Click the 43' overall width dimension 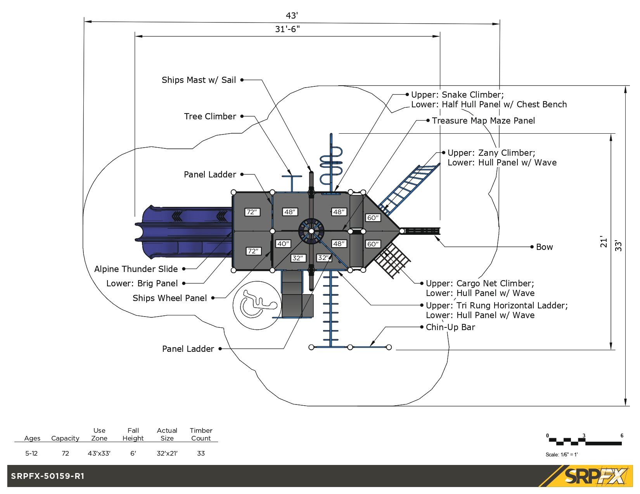pyautogui.click(x=292, y=15)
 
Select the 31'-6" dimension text pyautogui.click(x=287, y=29)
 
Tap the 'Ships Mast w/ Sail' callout pyautogui.click(x=199, y=80)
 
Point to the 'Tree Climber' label pyautogui.click(x=210, y=116)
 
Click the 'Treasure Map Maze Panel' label pyautogui.click(x=483, y=120)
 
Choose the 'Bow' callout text pyautogui.click(x=544, y=247)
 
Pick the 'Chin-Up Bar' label pyautogui.click(x=450, y=327)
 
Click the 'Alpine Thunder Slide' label pyautogui.click(x=136, y=269)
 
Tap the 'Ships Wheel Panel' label pyautogui.click(x=170, y=298)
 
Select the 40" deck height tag pyautogui.click(x=283, y=244)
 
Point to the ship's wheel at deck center pyautogui.click(x=311, y=231)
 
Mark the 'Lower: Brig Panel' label pyautogui.click(x=142, y=283)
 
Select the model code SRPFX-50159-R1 pyautogui.click(x=47, y=476)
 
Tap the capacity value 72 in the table pyautogui.click(x=65, y=453)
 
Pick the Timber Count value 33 pyautogui.click(x=201, y=453)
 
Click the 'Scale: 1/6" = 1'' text pyautogui.click(x=561, y=454)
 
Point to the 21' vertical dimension pyautogui.click(x=604, y=241)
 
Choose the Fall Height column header pyautogui.click(x=133, y=434)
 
